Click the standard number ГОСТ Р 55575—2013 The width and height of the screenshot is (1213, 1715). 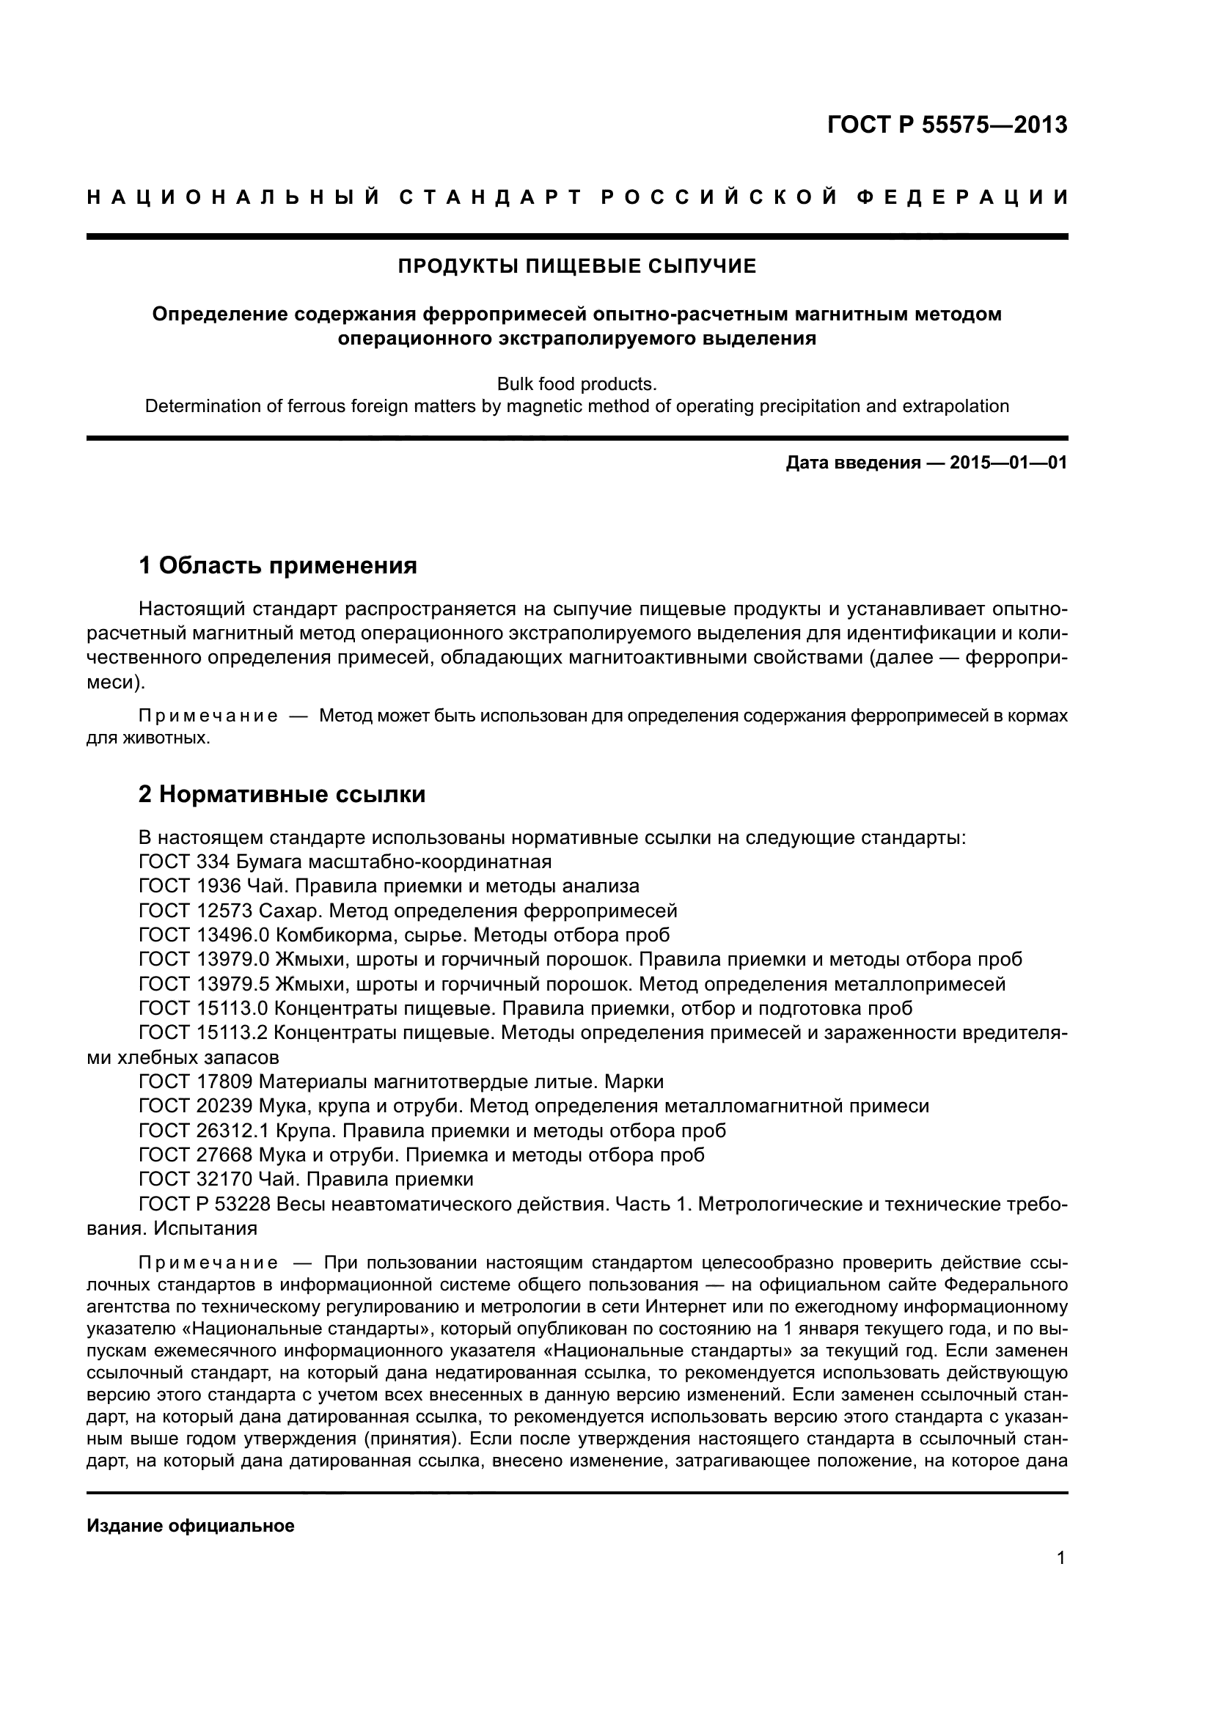(947, 125)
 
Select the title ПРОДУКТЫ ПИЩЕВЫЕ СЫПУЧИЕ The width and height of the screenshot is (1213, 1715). (576, 267)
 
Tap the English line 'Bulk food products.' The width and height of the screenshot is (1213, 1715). (576, 384)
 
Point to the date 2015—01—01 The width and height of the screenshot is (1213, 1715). (1008, 463)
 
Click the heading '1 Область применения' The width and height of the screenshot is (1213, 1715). (278, 565)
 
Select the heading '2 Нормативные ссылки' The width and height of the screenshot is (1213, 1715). (282, 794)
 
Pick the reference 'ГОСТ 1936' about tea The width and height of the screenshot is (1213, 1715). (190, 886)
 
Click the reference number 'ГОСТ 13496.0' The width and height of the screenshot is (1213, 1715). (203, 935)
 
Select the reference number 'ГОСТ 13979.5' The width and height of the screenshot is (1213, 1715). (203, 984)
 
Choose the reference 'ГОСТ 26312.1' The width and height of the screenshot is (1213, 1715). (203, 1131)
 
